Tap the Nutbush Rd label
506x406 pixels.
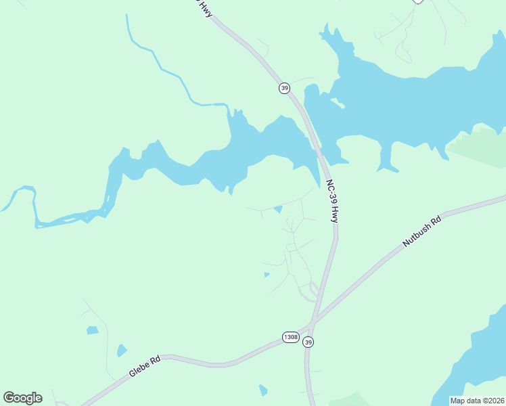(421, 232)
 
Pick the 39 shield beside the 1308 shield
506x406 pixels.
(308, 342)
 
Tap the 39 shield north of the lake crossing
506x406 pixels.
(285, 88)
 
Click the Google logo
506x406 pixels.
(22, 398)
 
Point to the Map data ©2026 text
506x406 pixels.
(477, 401)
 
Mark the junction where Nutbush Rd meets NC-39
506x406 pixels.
(313, 321)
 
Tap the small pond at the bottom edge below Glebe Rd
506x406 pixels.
(262, 390)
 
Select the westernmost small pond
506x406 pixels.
(92, 330)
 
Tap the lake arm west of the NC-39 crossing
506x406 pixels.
(223, 156)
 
